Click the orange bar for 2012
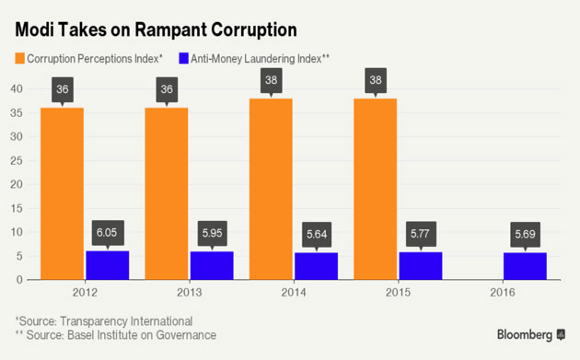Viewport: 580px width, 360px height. (62, 193)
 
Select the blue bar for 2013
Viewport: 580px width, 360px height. (212, 265)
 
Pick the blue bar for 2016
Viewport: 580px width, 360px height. (525, 266)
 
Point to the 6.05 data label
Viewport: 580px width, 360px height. (108, 234)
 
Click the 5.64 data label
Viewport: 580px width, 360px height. (317, 236)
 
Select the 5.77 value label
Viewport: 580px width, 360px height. (421, 235)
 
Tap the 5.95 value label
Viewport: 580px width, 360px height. (212, 234)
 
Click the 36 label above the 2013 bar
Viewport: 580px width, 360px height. (167, 89)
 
